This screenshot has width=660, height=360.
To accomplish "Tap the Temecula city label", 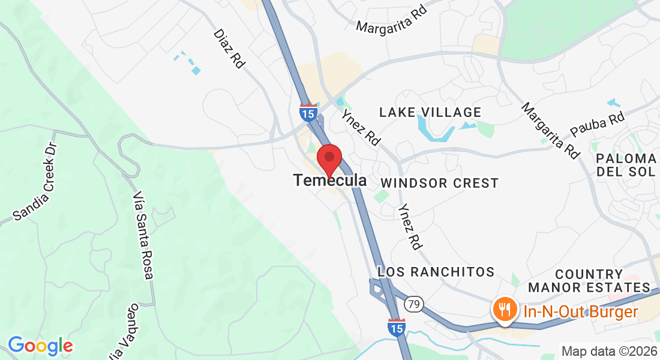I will click(x=330, y=180).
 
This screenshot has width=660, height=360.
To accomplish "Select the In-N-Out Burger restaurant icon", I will click(x=502, y=309).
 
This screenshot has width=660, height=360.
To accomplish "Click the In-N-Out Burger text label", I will click(x=580, y=312).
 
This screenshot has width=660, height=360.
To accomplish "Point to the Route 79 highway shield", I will click(x=412, y=304).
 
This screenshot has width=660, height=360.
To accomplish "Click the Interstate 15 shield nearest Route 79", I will click(x=396, y=327).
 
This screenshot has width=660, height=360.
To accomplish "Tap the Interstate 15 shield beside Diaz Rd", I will click(x=308, y=112).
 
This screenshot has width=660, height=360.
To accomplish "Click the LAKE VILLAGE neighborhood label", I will click(x=430, y=112).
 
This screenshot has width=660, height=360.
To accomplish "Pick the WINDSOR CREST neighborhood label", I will click(x=439, y=183).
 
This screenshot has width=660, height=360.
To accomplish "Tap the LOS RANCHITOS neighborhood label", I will click(x=436, y=272).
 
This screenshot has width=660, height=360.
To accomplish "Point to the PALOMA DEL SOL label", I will click(x=626, y=165).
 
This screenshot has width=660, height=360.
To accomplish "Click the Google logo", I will click(x=40, y=346).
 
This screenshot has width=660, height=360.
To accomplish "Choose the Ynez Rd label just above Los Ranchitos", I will click(x=410, y=225).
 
